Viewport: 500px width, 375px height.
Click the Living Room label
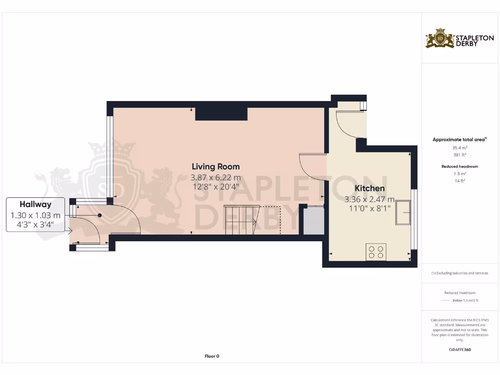click(x=215, y=167)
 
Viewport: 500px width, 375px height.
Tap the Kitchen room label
click(x=369, y=188)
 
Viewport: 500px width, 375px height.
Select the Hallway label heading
click(x=35, y=205)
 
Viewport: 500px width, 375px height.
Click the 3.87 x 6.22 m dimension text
click(x=215, y=178)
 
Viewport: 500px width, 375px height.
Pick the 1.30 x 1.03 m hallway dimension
click(x=35, y=215)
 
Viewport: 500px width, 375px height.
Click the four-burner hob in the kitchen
click(x=375, y=252)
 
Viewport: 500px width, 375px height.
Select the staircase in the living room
click(x=240, y=219)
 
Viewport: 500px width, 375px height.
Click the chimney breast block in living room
click(x=221, y=114)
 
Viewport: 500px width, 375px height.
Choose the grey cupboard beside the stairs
click(x=313, y=221)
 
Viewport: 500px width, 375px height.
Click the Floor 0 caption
click(x=211, y=356)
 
